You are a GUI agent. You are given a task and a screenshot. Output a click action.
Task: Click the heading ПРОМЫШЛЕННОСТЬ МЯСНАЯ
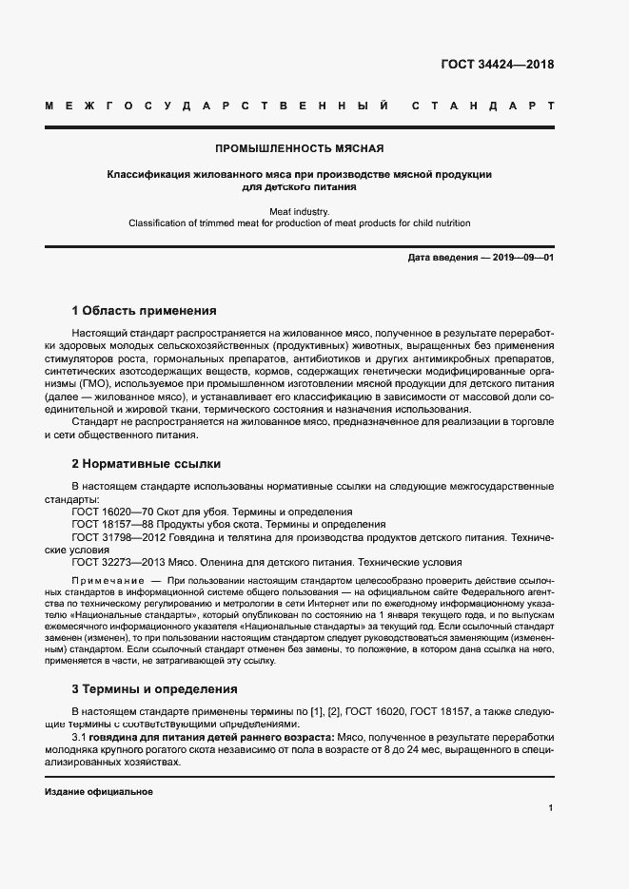click(300, 148)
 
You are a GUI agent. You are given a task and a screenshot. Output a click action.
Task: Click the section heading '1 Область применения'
click(144, 311)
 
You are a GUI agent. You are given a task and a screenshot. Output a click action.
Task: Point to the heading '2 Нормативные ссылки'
click(147, 464)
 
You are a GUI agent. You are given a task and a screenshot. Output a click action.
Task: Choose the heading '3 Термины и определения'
click(154, 688)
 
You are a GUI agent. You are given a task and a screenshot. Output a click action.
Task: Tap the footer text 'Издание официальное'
click(98, 791)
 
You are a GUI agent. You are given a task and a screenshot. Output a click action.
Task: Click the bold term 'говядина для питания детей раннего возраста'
click(210, 738)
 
